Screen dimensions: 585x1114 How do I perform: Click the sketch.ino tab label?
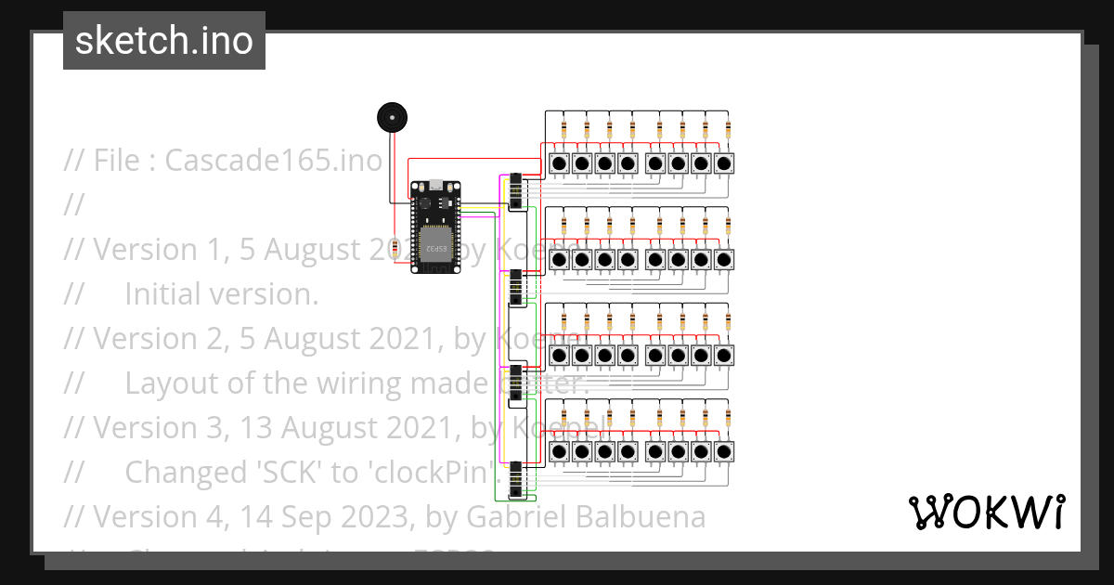[x=163, y=41]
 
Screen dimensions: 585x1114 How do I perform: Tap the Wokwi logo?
[x=986, y=512]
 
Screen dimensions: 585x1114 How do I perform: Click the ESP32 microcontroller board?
[x=435, y=226]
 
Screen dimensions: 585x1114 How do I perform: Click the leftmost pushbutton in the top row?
[x=559, y=163]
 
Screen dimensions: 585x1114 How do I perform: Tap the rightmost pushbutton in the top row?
[x=724, y=163]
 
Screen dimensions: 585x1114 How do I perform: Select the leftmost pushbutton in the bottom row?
[x=559, y=451]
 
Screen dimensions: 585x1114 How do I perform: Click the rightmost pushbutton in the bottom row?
[x=724, y=451]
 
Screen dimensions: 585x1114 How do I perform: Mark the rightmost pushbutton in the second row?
[x=724, y=259]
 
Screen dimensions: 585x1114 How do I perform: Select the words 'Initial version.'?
[x=221, y=294]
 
